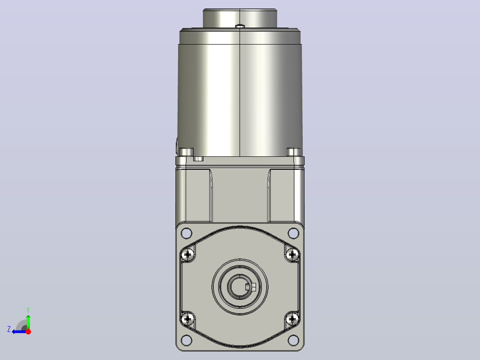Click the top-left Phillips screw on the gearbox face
[x=187, y=254]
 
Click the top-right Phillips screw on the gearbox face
[x=293, y=254]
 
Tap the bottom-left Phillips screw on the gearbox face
[x=187, y=319]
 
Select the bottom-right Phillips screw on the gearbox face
[x=293, y=319]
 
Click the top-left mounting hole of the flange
[x=187, y=233]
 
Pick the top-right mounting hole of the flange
[x=293, y=233]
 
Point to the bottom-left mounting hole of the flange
[x=187, y=340]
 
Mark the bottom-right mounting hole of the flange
[x=293, y=340]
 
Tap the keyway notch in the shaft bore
[x=251, y=287]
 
